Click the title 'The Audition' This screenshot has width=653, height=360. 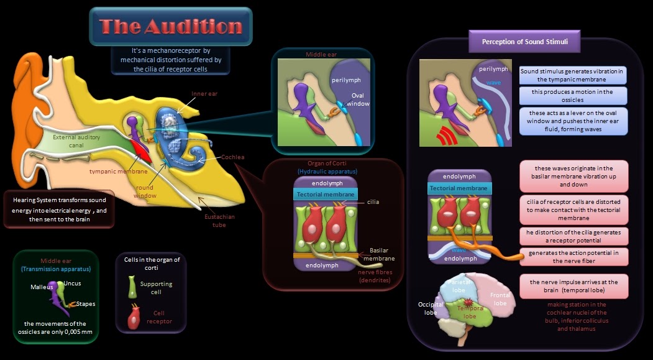(x=171, y=27)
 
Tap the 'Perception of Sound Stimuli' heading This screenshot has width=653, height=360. (x=523, y=42)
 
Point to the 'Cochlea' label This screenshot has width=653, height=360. (x=233, y=157)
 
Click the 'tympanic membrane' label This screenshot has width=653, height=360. (x=118, y=171)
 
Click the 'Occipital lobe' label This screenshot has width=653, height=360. (x=430, y=309)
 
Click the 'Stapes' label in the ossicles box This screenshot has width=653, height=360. (x=86, y=304)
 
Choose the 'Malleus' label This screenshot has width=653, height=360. (x=42, y=287)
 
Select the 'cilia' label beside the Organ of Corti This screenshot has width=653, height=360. (x=373, y=202)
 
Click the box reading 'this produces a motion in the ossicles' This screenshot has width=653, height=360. (x=573, y=96)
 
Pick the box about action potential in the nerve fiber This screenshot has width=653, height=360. (x=573, y=257)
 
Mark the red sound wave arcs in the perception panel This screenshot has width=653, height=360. (x=442, y=134)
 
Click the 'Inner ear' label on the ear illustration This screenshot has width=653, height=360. (x=204, y=95)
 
